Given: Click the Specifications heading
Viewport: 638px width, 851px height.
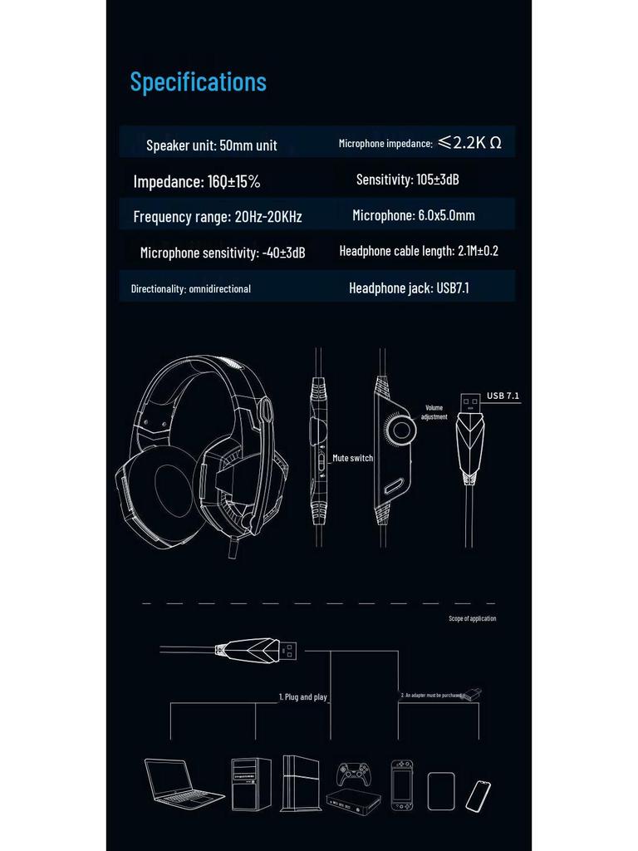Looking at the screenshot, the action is pos(198,81).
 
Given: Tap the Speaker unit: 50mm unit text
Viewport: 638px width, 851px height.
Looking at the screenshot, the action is pos(212,145).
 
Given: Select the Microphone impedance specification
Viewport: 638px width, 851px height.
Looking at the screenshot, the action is pos(420,143).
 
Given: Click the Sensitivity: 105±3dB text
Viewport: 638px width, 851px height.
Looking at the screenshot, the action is pos(408,180).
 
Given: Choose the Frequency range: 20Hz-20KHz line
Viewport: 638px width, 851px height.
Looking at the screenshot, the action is pos(218,217).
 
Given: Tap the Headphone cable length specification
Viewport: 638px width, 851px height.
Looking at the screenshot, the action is pos(419,251).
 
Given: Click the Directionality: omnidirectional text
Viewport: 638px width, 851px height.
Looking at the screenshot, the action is pos(191,289).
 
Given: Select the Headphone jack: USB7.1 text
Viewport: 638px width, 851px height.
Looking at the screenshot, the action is pos(415,288).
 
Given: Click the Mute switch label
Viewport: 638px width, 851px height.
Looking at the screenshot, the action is pos(352,458).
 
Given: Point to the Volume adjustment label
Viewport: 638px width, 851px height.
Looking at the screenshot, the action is pos(434,412).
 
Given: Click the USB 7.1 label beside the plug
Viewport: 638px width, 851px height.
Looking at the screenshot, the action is pos(503,396).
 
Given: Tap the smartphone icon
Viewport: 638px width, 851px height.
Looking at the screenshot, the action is pos(478,795).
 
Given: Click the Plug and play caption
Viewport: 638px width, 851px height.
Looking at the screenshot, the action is pos(302,697).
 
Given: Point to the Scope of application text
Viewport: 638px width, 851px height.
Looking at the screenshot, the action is pos(472,618).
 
